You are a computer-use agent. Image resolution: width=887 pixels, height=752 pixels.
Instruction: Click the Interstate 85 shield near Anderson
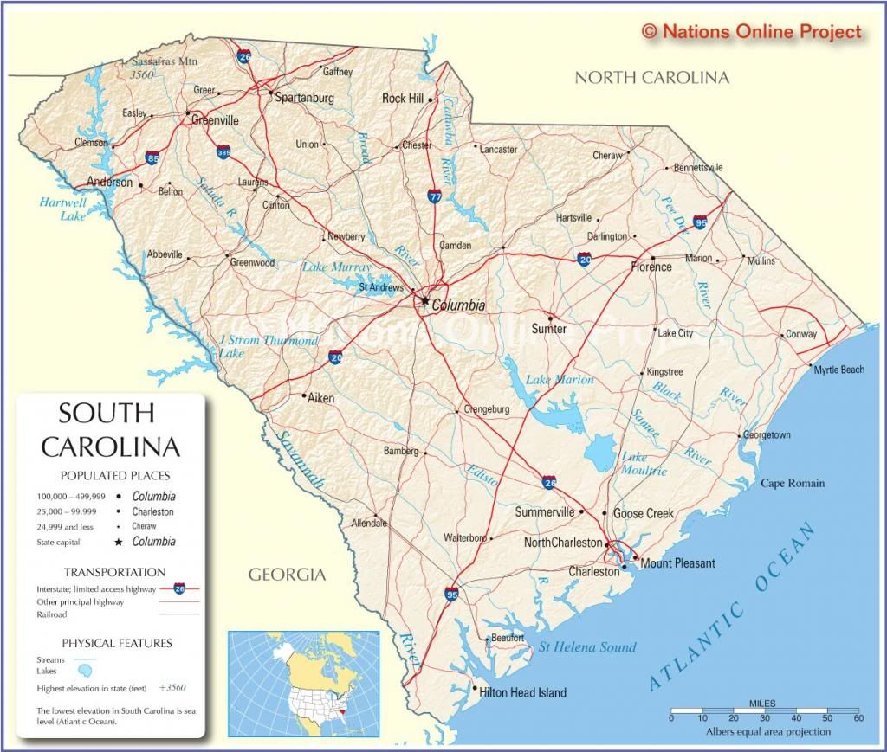click(153, 159)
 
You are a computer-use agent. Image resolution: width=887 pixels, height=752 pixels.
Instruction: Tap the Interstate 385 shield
click(223, 153)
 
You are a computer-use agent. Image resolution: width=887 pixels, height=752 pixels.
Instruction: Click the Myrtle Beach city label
click(838, 370)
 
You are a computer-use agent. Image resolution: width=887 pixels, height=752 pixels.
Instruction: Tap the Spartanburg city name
click(304, 98)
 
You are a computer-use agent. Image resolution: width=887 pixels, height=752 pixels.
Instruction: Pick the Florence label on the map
click(651, 267)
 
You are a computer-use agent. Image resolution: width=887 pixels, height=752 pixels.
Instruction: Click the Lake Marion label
click(560, 380)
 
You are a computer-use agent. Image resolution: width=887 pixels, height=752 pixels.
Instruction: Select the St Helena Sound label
click(587, 646)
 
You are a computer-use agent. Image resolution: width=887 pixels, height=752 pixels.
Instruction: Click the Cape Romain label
click(793, 483)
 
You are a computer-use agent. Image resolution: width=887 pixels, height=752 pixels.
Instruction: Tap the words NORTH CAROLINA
click(652, 78)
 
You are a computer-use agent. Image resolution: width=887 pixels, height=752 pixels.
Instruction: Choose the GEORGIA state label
click(287, 574)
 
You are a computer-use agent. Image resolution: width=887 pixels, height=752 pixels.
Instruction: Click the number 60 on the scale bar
click(858, 718)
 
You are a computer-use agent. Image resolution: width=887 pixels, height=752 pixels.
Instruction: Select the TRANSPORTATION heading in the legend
click(114, 572)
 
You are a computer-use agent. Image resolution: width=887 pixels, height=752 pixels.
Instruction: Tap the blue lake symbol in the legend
click(84, 671)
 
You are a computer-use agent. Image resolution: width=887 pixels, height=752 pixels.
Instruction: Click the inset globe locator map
click(303, 685)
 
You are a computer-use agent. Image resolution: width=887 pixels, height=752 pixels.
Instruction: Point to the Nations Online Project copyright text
click(752, 32)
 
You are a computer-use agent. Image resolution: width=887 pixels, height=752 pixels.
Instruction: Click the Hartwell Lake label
click(62, 209)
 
